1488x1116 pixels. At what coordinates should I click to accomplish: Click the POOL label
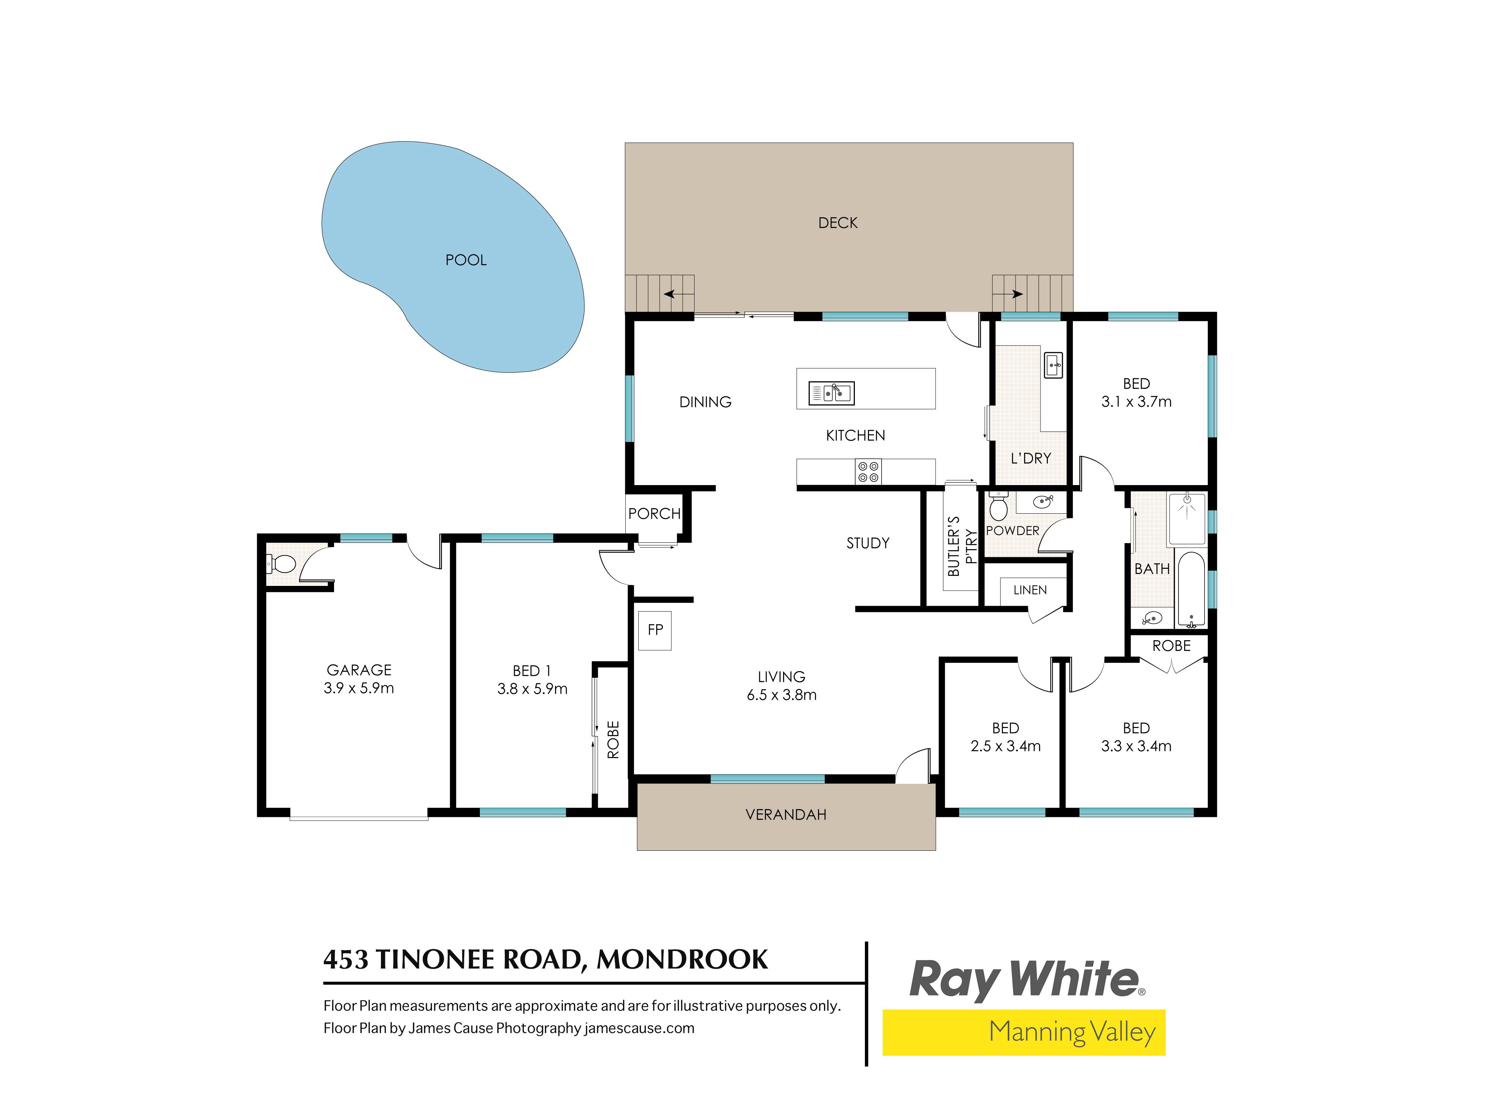click(465, 260)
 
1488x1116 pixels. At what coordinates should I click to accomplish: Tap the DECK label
click(837, 223)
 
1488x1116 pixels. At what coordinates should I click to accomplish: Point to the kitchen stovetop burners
click(868, 472)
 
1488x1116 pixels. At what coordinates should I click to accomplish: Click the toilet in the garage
click(282, 563)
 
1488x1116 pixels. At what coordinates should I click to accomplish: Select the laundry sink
click(1053, 365)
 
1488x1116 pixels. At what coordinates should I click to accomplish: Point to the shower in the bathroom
click(1187, 518)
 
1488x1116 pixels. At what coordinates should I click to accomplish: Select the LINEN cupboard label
click(1030, 590)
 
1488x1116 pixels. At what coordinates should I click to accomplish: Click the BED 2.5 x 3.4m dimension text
click(1005, 746)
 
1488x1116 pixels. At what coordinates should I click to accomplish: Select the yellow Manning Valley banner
click(1023, 1032)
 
